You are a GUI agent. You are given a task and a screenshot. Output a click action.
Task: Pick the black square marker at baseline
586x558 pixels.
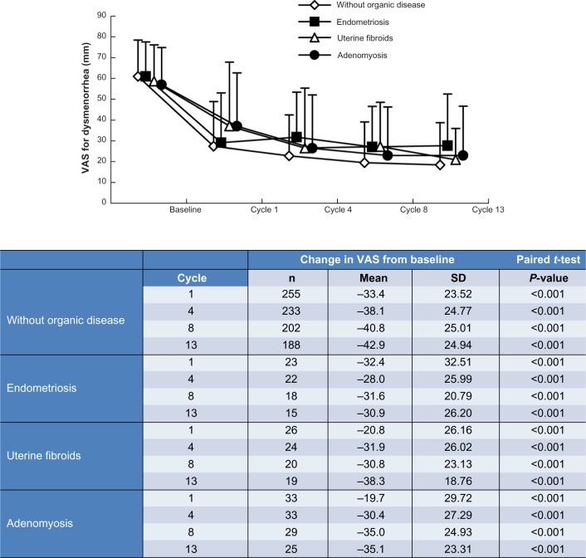(146, 76)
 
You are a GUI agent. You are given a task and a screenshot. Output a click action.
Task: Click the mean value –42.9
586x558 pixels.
(371, 344)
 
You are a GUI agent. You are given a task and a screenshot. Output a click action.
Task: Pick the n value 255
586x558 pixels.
(288, 295)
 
